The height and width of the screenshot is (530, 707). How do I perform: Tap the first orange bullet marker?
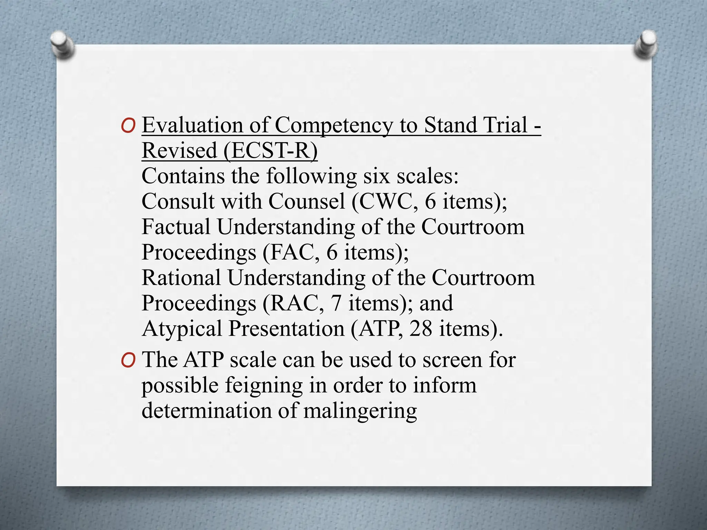point(128,126)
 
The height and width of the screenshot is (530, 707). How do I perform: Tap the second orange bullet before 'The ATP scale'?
point(128,361)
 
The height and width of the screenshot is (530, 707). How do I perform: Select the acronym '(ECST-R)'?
point(270,150)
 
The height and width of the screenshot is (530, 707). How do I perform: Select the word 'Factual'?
point(176,227)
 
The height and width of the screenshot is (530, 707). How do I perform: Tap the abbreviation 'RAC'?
point(294,303)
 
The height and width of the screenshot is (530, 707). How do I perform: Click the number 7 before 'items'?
point(336,303)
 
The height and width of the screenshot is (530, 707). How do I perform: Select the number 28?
point(421,328)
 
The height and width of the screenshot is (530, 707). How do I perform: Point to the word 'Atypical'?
point(182,329)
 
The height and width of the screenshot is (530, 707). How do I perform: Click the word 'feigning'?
point(264,386)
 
